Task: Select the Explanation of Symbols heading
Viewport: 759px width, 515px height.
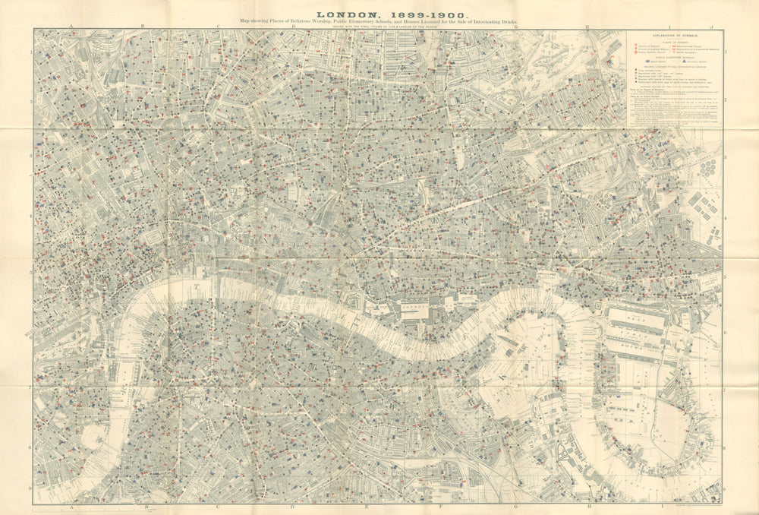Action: [672, 36]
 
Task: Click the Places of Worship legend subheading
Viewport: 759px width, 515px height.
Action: [672, 41]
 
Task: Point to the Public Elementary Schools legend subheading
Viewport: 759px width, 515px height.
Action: [672, 56]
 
